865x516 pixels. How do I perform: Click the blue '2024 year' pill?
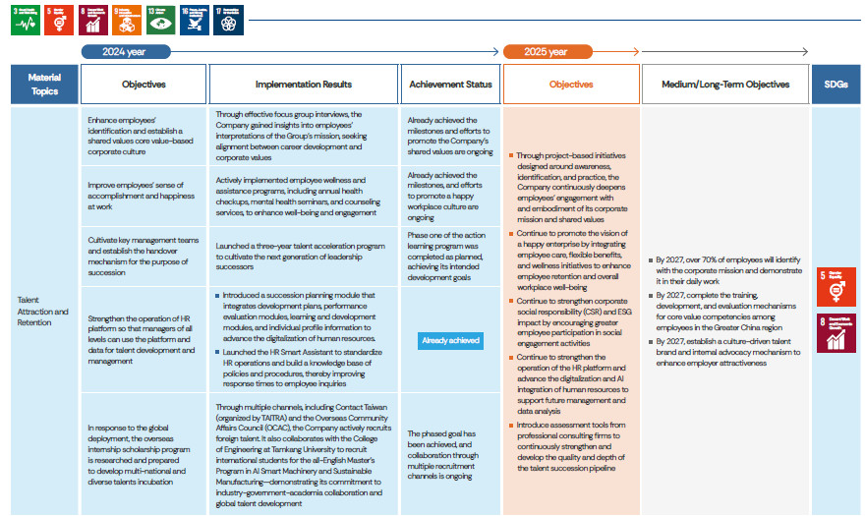pyautogui.click(x=126, y=52)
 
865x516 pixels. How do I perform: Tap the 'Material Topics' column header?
pyautogui.click(x=44, y=85)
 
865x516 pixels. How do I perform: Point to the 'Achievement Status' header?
pyautogui.click(x=450, y=85)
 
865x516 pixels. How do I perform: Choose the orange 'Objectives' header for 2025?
pyautogui.click(x=571, y=85)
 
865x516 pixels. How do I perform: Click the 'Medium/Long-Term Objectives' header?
pyautogui.click(x=725, y=85)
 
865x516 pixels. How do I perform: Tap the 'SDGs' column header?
pyautogui.click(x=835, y=85)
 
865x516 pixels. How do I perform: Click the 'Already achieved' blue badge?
pyautogui.click(x=450, y=340)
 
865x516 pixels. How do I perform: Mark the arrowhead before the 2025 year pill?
pyautogui.click(x=495, y=52)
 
